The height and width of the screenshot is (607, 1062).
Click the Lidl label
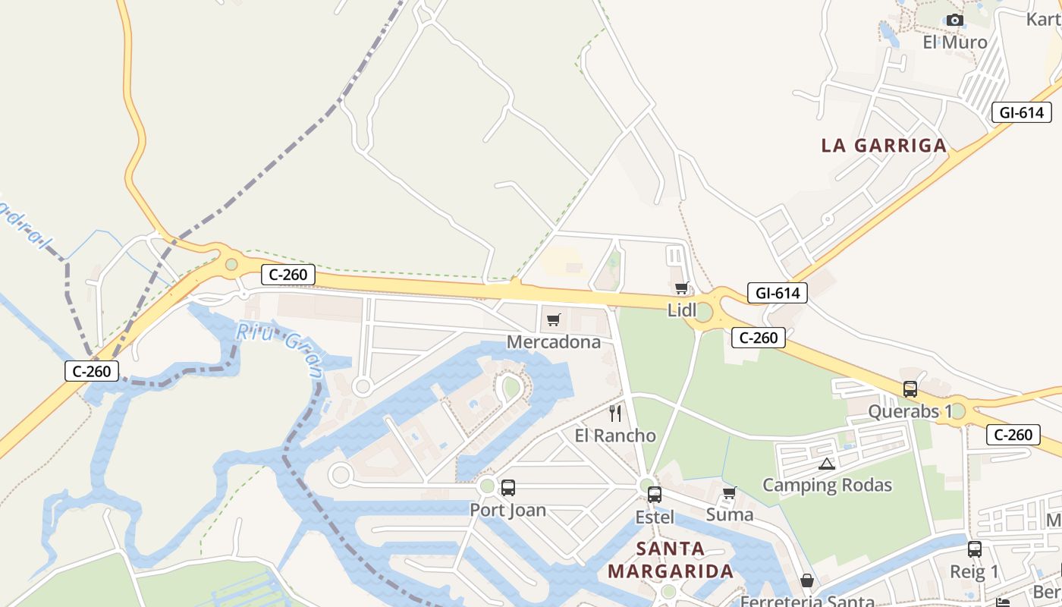click(x=681, y=310)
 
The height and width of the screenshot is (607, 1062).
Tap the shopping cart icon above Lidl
click(x=681, y=288)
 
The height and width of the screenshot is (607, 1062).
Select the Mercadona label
click(x=554, y=342)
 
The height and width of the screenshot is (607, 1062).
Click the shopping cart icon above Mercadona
click(x=553, y=319)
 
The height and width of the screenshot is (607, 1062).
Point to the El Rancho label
click(x=615, y=436)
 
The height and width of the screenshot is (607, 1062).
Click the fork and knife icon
click(x=615, y=414)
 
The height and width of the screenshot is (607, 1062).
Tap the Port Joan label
click(x=507, y=510)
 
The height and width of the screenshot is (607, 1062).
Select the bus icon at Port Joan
click(x=508, y=488)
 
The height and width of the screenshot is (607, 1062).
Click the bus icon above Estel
click(x=654, y=495)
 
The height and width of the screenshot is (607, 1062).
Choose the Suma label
click(x=730, y=514)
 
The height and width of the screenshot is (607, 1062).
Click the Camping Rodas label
click(x=827, y=485)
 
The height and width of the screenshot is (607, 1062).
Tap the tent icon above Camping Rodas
click(x=827, y=464)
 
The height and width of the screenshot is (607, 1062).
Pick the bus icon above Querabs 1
click(x=910, y=389)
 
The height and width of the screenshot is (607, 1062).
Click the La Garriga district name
click(x=884, y=146)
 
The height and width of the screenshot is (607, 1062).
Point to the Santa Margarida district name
click(x=671, y=559)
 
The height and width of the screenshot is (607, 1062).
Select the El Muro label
click(x=955, y=42)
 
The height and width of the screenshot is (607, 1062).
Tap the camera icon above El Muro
click(x=955, y=20)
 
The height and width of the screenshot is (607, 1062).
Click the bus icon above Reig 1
click(x=975, y=549)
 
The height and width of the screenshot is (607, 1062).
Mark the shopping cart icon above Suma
click(x=730, y=493)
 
